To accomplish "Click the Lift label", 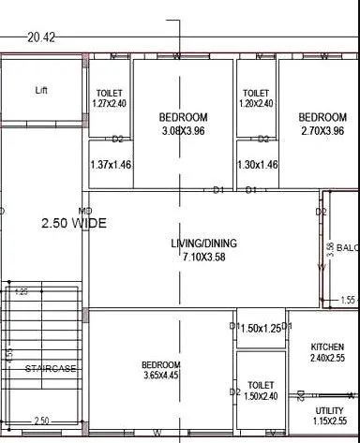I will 41,91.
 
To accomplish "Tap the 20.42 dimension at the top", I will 41,37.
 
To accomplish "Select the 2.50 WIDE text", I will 73,224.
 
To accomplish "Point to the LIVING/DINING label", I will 203,244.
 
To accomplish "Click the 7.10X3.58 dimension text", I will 203,256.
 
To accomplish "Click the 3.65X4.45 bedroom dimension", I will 161,377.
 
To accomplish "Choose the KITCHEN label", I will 333,347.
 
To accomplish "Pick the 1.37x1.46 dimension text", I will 110,165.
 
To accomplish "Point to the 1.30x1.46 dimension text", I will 258,165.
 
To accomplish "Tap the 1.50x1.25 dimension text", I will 260,329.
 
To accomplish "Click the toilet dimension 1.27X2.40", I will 111,104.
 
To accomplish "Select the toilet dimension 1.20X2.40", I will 257,104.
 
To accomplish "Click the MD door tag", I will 85,210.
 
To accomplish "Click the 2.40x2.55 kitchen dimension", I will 333,358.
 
